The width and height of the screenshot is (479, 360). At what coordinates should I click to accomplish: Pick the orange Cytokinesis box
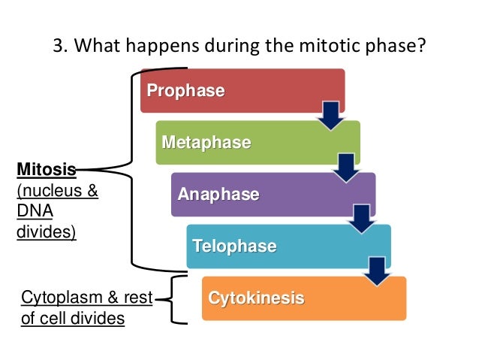pyautogui.click(x=300, y=298)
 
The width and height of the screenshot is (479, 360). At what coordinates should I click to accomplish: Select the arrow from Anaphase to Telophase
pyautogui.click(x=361, y=217)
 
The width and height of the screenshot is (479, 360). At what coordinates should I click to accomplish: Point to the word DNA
pyautogui.click(x=32, y=211)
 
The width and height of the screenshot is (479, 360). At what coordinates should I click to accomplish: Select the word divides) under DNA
pyautogui.click(x=46, y=231)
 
